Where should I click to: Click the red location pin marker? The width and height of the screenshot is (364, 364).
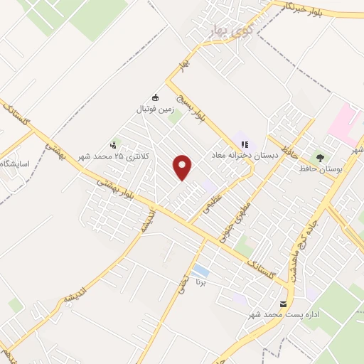coord(183,167)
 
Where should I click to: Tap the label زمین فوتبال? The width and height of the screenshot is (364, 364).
coord(156,109)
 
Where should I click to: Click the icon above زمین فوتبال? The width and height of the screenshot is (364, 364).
coord(156,98)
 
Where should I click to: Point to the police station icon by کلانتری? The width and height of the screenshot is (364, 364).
coord(115,144)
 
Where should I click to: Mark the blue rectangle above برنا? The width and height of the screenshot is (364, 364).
coord(201,272)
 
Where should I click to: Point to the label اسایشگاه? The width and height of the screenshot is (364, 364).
coord(15,164)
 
